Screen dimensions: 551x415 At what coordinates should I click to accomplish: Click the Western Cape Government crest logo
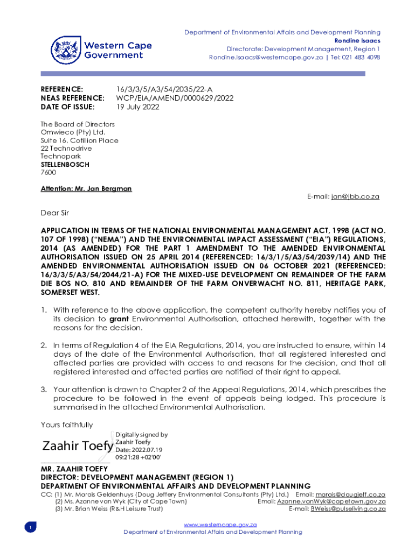click(66, 50)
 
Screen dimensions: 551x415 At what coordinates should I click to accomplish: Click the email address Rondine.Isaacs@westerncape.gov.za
click(266, 58)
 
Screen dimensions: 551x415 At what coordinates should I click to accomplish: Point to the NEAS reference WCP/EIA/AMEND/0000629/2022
click(175, 98)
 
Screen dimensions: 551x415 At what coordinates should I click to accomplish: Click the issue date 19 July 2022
click(138, 107)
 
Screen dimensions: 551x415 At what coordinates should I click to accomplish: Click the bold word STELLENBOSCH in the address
click(65, 165)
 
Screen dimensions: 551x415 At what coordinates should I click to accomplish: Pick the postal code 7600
click(49, 173)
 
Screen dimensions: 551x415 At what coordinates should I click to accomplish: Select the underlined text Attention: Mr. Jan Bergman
click(86, 189)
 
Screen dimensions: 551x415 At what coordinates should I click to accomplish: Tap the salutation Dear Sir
click(55, 213)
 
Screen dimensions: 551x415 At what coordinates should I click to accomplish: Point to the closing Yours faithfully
click(67, 425)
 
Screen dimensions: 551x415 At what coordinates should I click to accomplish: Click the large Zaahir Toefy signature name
click(78, 446)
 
